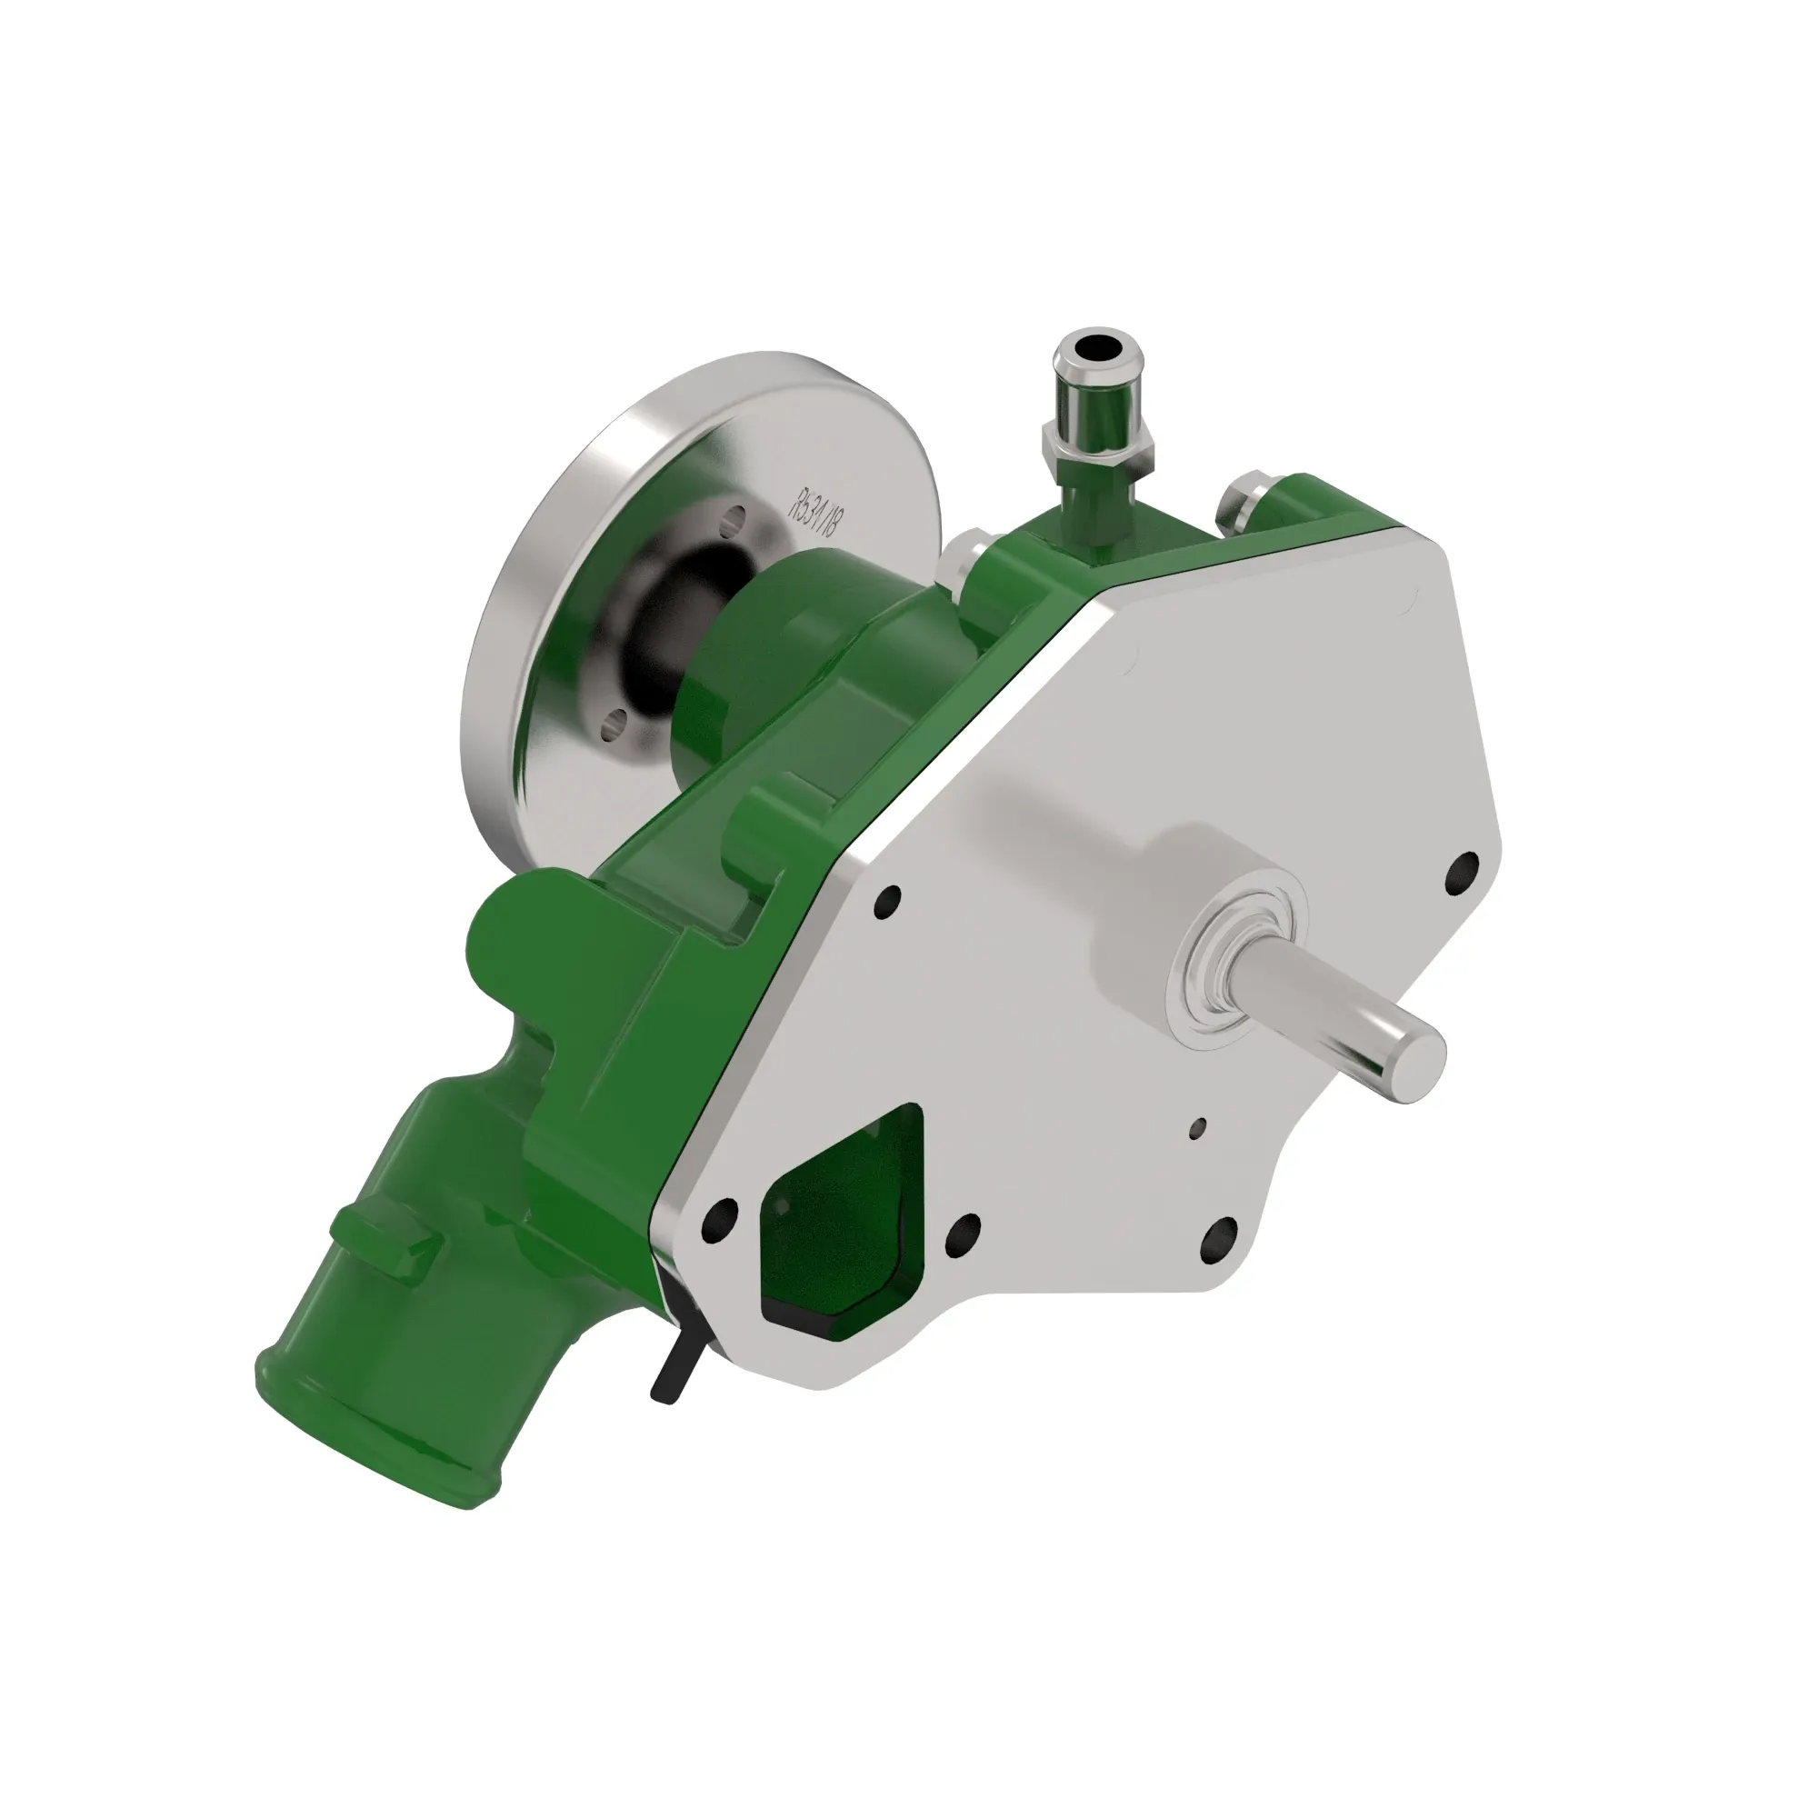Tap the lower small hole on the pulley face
coord(616,724)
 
